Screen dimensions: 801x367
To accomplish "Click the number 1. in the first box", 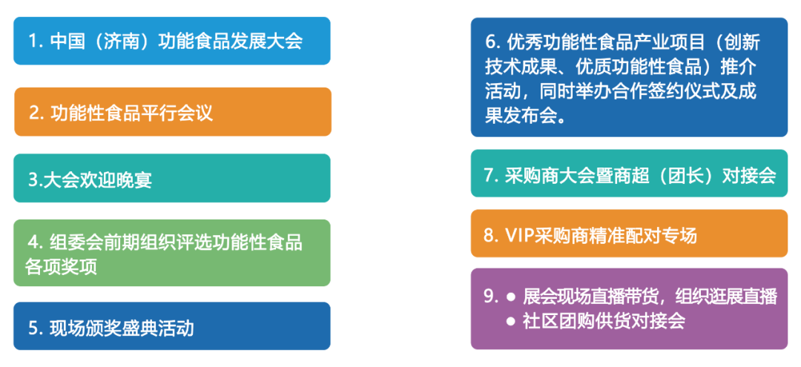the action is pyautogui.click(x=35, y=42).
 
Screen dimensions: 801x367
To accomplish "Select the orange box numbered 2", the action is pyautogui.click(x=173, y=112).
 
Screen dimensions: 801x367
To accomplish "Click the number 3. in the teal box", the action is pyautogui.click(x=36, y=179).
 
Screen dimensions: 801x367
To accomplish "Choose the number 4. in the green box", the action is pyautogui.click(x=35, y=243).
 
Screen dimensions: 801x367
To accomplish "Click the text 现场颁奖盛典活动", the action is pyautogui.click(x=122, y=328).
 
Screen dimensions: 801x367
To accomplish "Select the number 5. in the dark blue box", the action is pyautogui.click(x=35, y=328).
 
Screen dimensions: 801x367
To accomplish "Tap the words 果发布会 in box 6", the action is pyautogui.click(x=521, y=116).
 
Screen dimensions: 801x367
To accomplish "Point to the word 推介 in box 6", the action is pyautogui.click(x=739, y=67).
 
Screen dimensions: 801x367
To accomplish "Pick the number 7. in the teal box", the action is pyautogui.click(x=491, y=175).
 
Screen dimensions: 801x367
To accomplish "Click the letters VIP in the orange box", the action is pyautogui.click(x=519, y=236).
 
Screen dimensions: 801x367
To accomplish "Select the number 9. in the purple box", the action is pyautogui.click(x=491, y=297).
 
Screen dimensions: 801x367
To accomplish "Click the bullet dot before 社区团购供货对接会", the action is pyautogui.click(x=510, y=321).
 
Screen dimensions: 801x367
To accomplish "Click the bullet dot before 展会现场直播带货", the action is pyautogui.click(x=510, y=297).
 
